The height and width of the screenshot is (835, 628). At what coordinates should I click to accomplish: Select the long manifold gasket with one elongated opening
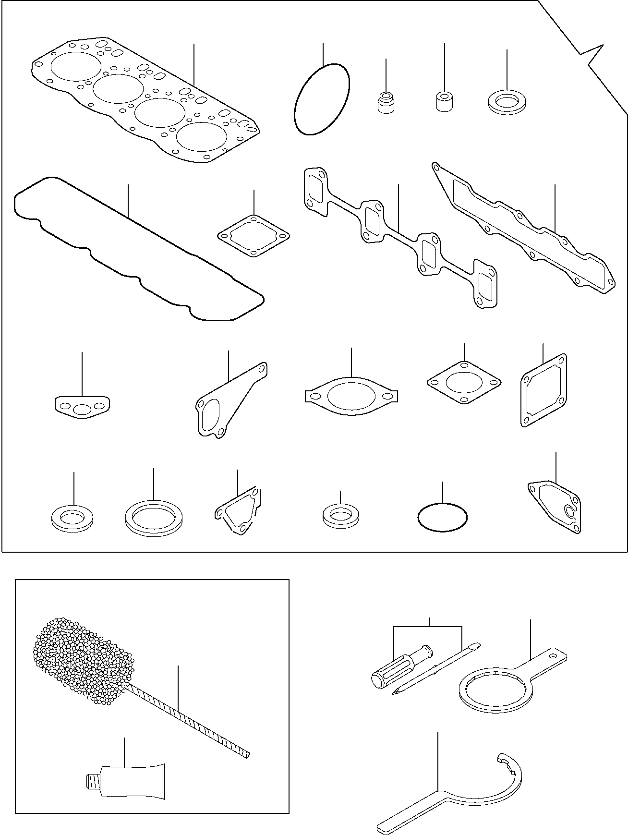[523, 226]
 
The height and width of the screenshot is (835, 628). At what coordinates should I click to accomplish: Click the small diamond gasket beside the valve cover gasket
[254, 236]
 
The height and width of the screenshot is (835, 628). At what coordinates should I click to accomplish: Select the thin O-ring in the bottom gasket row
[442, 517]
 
